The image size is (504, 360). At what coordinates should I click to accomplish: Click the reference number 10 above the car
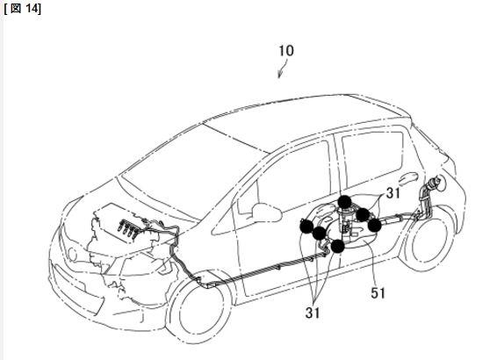pyautogui.click(x=286, y=51)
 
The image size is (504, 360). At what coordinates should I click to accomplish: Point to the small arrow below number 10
pyautogui.click(x=282, y=71)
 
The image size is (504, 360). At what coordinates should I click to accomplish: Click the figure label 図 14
pyautogui.click(x=23, y=8)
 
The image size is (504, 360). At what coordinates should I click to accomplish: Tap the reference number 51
pyautogui.click(x=378, y=292)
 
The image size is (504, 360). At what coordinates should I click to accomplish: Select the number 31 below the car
pyautogui.click(x=313, y=313)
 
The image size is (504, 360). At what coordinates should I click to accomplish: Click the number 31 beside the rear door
pyautogui.click(x=393, y=193)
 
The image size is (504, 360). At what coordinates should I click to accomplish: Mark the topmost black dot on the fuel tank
pyautogui.click(x=344, y=202)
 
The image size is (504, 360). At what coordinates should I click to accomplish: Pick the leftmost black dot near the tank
pyautogui.click(x=306, y=227)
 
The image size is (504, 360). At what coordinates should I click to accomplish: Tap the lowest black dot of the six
pyautogui.click(x=337, y=247)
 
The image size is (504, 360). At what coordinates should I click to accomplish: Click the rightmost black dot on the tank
pyautogui.click(x=374, y=226)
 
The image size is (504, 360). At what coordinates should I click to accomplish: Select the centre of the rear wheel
pyautogui.click(x=428, y=240)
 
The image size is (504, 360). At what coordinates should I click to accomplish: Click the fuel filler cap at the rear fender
pyautogui.click(x=438, y=183)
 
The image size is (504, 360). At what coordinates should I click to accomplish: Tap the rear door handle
pyautogui.click(x=409, y=176)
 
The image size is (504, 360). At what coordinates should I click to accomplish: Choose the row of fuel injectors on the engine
pyautogui.click(x=128, y=229)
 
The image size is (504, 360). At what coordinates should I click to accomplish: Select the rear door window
pyautogui.click(x=373, y=160)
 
